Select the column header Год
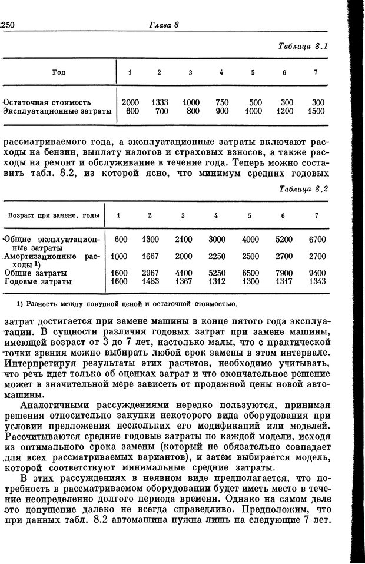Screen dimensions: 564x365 coord(58,72)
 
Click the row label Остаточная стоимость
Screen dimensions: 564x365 coord(57,102)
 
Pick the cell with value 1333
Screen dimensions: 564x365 coord(160,102)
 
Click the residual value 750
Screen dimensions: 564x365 coord(222,102)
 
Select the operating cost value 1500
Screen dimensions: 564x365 coord(316,111)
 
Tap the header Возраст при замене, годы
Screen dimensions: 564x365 coord(54,215)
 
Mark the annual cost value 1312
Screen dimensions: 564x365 coord(217,282)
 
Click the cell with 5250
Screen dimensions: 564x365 coord(217,273)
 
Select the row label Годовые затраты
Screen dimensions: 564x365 coord(38,282)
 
